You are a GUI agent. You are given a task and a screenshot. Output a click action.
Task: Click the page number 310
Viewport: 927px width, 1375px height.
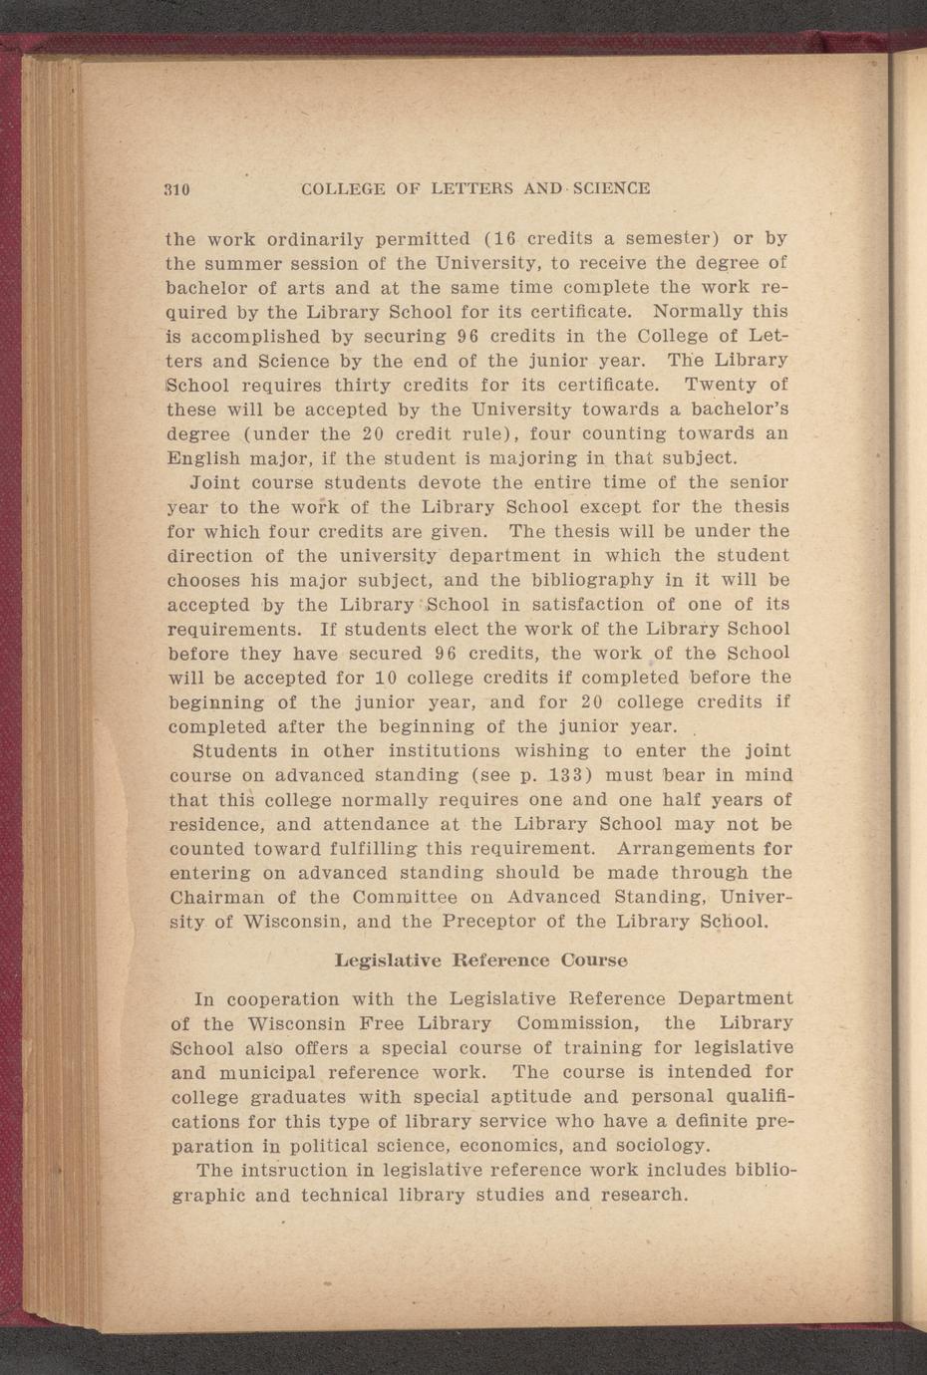coord(177,189)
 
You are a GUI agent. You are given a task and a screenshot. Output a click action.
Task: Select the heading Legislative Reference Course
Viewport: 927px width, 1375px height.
coord(480,961)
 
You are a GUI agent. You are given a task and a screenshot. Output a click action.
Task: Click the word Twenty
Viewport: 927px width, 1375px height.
coord(722,385)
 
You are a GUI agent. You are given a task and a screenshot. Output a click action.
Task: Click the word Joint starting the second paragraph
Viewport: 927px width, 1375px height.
coord(217,483)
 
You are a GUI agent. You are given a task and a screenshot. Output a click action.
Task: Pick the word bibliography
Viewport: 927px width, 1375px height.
coord(594,580)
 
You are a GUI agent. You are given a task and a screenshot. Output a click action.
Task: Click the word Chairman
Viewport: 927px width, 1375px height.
coord(213,898)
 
